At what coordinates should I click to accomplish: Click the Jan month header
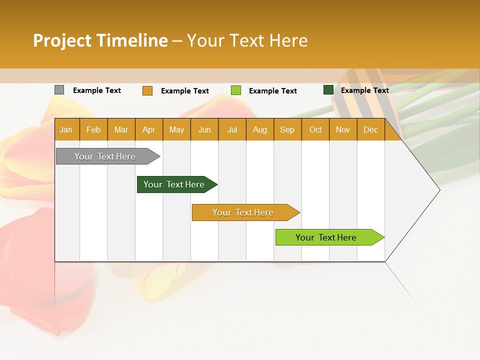coord(66,130)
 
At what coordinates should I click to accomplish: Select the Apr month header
coord(148,130)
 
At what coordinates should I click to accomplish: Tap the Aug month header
coord(259,130)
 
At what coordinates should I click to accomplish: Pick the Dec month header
coord(370,130)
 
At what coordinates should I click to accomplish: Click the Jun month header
coord(204,130)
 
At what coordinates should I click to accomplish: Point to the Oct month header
coord(315,130)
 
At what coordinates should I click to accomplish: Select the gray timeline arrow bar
coord(105,156)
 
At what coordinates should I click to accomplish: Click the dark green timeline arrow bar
coord(174,184)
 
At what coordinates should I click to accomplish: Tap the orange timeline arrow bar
coord(243,212)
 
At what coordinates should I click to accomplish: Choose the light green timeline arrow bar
coord(326,237)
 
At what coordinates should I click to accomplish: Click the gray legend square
coord(59,90)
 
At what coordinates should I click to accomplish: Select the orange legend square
coord(147,90)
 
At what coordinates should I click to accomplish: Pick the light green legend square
coord(236,90)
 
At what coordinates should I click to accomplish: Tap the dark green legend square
coord(328,90)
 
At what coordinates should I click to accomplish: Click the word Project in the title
coord(62,40)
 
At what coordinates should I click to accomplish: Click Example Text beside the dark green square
coord(364,90)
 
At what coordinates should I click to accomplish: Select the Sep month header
coord(287,130)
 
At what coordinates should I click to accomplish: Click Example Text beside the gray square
coord(97,90)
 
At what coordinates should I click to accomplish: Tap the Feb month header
coord(93,130)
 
